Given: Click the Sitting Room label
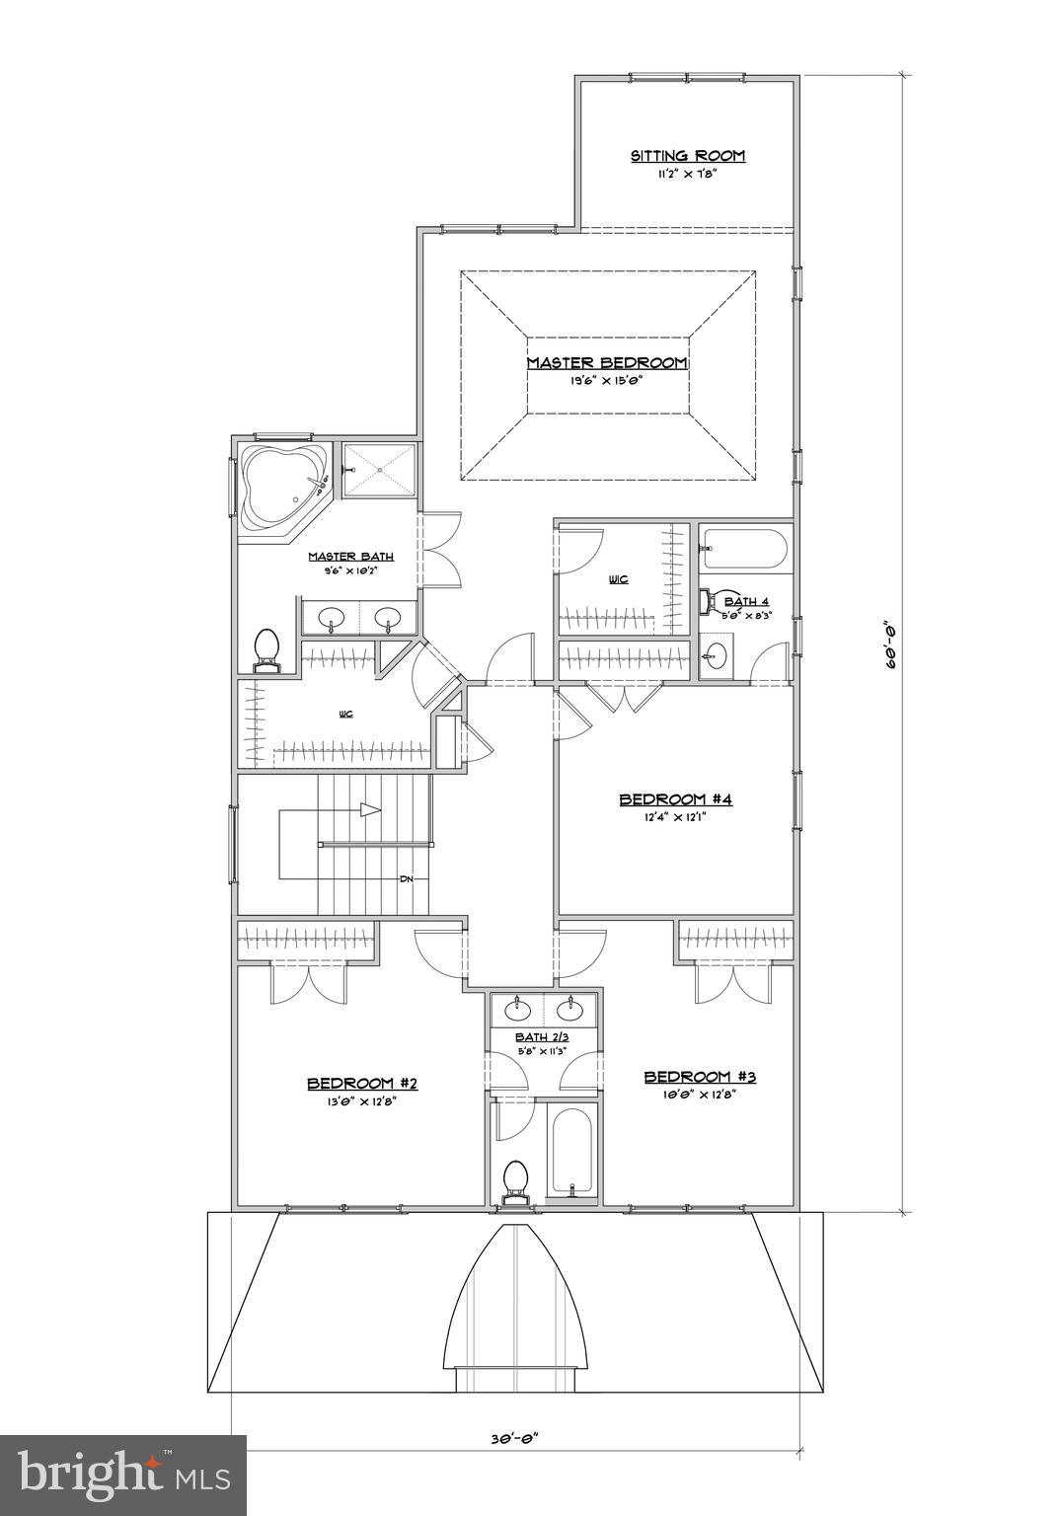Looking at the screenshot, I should [688, 156].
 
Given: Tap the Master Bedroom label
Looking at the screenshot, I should [606, 363].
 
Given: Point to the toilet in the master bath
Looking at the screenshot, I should [265, 649].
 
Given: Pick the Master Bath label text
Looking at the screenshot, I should [350, 557].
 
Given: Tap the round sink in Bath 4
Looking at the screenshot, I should [718, 653].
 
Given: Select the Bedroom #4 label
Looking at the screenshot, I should [675, 799].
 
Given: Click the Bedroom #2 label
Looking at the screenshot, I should [362, 1083].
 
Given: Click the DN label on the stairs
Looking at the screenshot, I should [406, 878].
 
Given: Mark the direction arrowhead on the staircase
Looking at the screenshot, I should [370, 810].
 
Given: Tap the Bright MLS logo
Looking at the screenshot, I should [123, 1475].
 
